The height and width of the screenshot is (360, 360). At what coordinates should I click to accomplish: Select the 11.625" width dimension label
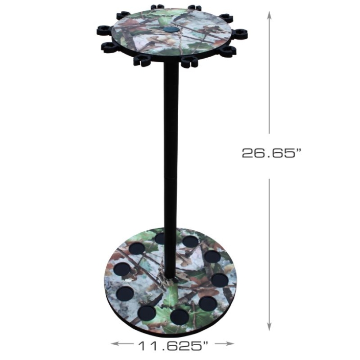point(173,346)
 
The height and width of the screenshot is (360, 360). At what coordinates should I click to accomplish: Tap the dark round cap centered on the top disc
point(169,31)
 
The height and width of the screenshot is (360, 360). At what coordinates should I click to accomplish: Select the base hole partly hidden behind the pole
point(160,238)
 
